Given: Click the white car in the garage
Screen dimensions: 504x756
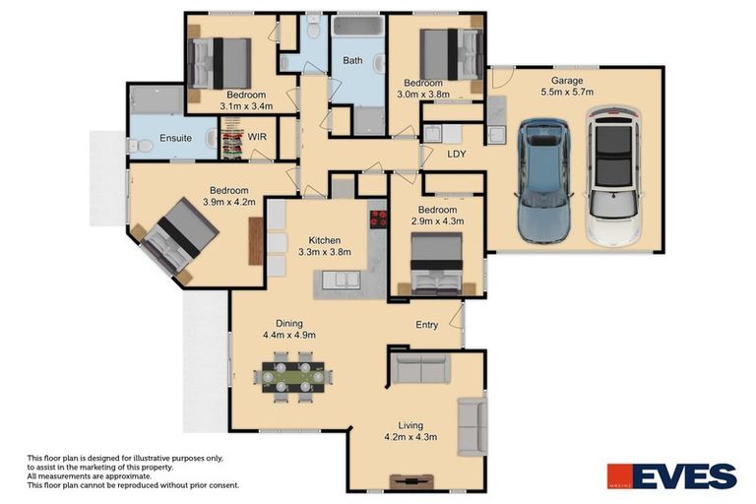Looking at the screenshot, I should tap(612, 176).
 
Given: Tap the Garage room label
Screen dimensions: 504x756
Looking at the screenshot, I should tap(567, 80).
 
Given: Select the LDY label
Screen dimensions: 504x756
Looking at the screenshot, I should tap(456, 155).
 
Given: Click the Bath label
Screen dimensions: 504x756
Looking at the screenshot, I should tap(352, 61).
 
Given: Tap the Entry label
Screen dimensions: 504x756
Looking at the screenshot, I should tap(426, 325).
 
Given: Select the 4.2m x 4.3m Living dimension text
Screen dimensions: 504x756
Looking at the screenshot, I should tap(409, 436).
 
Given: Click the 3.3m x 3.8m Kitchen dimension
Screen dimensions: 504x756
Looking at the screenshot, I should tap(325, 253).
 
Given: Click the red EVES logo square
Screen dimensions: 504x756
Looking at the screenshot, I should tap(617, 476).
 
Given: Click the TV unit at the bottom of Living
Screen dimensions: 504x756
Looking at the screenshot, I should tap(411, 481).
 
